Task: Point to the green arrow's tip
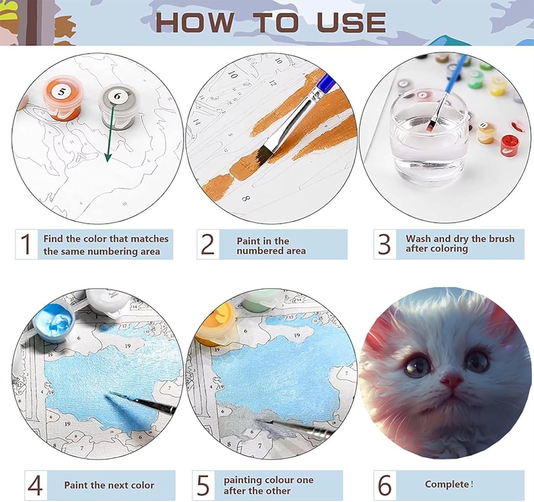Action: pyautogui.click(x=108, y=162)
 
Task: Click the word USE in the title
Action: pyautogui.click(x=351, y=22)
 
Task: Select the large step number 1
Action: pyautogui.click(x=26, y=244)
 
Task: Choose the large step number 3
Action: pyautogui.click(x=384, y=244)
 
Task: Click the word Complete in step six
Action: pyautogui.click(x=446, y=484)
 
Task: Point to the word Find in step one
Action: pyautogui.click(x=53, y=239)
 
